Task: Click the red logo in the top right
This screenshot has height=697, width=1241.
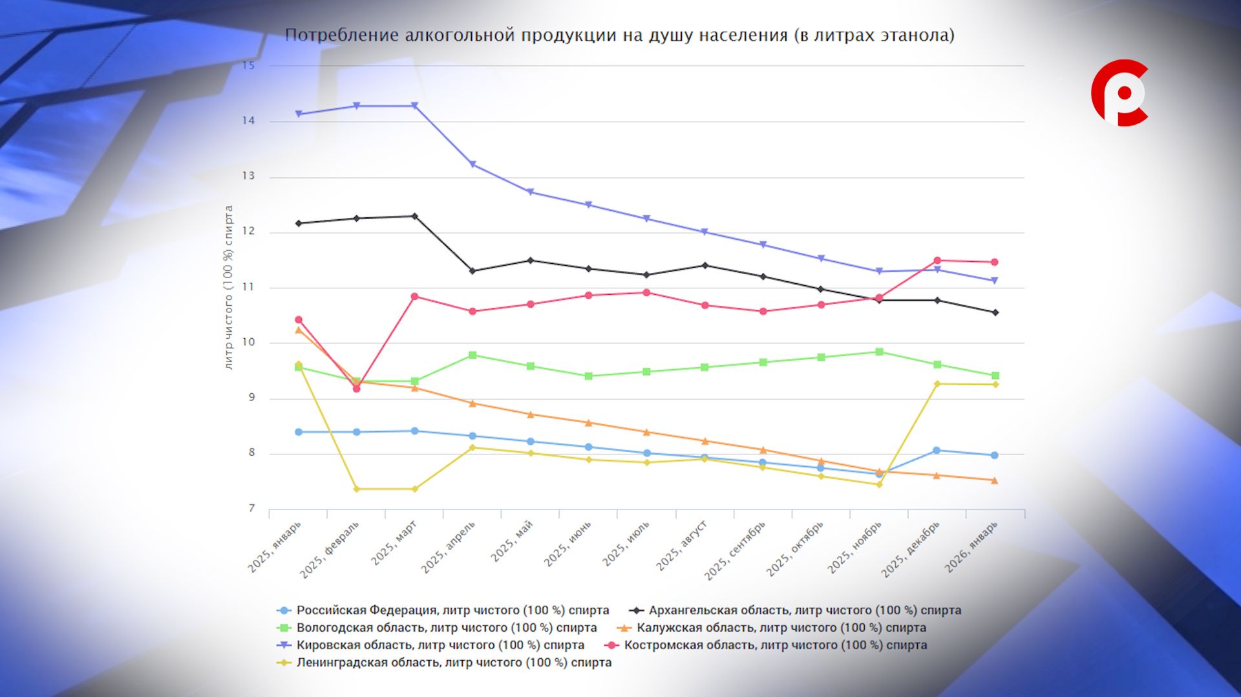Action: tap(1119, 92)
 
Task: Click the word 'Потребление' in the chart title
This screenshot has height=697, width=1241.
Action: tap(342, 35)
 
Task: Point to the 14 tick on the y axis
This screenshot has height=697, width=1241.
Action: tap(249, 121)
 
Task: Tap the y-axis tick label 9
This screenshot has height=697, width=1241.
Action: tap(251, 398)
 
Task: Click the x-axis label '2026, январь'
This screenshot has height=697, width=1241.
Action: tap(971, 547)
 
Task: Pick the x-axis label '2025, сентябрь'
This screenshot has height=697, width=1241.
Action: tap(735, 550)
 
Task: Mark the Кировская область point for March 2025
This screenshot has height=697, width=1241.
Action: tap(415, 106)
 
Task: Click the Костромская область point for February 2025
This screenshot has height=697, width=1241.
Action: tap(357, 389)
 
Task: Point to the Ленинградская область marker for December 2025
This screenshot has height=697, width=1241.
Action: tap(937, 384)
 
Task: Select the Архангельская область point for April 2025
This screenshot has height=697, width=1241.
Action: tap(472, 271)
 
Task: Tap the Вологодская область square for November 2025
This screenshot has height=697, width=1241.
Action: tap(879, 352)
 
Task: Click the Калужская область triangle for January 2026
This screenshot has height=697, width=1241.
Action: tap(995, 480)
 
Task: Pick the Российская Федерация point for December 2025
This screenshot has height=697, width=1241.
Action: tap(937, 451)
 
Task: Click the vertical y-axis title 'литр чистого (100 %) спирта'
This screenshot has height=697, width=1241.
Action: tap(228, 288)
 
